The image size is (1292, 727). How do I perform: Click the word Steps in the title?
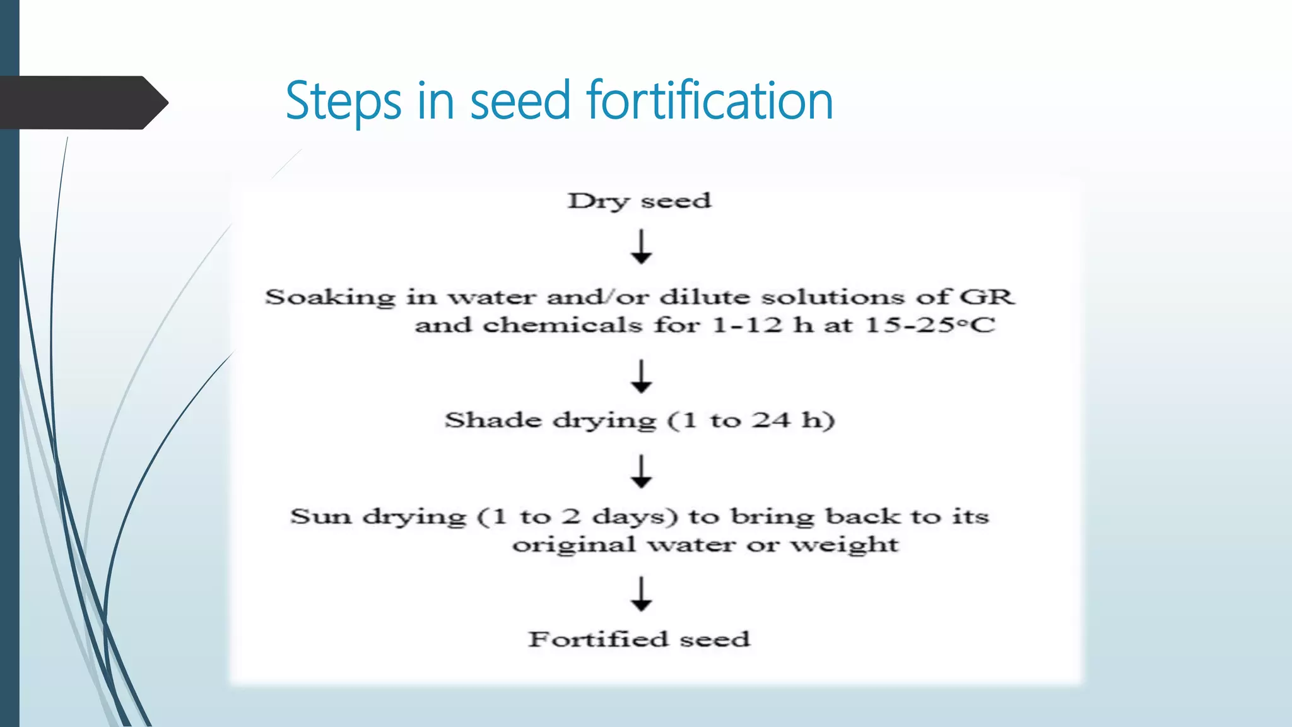click(343, 101)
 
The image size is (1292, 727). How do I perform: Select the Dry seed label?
click(639, 201)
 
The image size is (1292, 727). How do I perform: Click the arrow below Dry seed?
click(641, 247)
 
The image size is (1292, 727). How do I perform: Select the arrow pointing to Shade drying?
click(641, 377)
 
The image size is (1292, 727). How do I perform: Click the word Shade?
click(493, 420)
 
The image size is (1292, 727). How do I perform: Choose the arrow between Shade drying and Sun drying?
click(641, 471)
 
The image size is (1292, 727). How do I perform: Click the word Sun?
click(320, 517)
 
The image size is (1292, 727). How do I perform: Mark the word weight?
click(845, 545)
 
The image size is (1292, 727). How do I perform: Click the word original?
click(573, 545)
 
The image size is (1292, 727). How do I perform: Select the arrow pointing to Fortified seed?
click(641, 594)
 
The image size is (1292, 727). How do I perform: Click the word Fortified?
click(597, 639)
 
